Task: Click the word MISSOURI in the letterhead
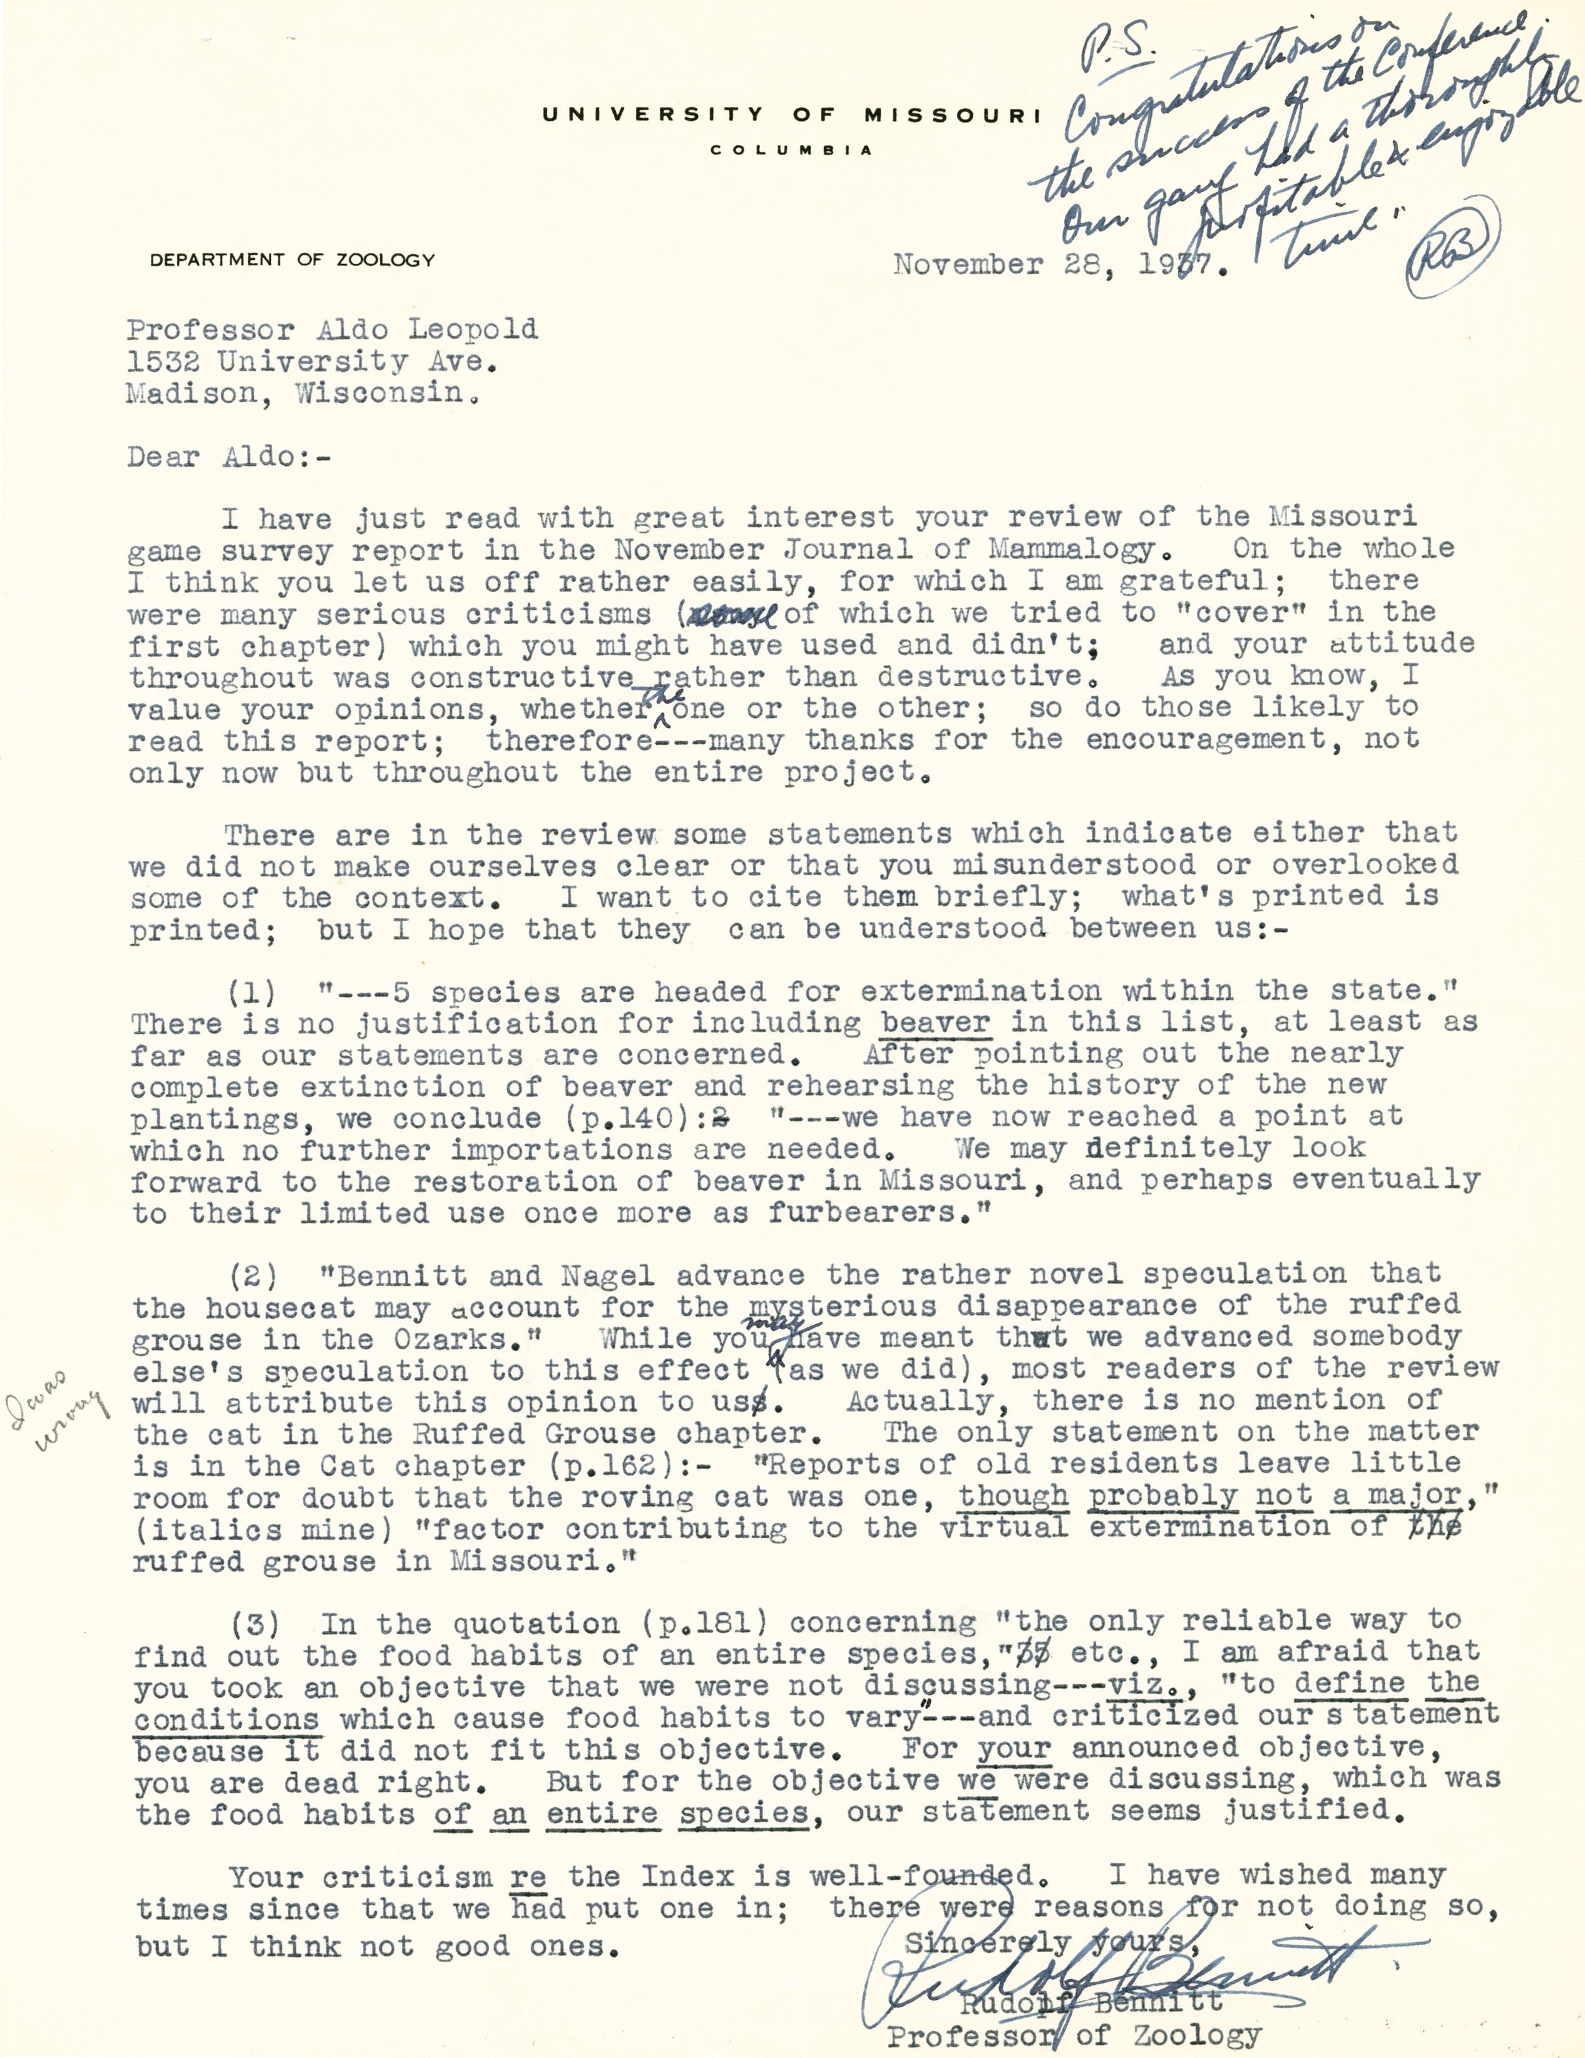coord(952,115)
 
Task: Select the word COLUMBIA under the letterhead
coord(791,150)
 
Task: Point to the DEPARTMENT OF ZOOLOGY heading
coord(292,260)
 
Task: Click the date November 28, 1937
coord(1061,265)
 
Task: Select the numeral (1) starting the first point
coord(252,992)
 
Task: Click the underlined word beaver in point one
coord(934,1022)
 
